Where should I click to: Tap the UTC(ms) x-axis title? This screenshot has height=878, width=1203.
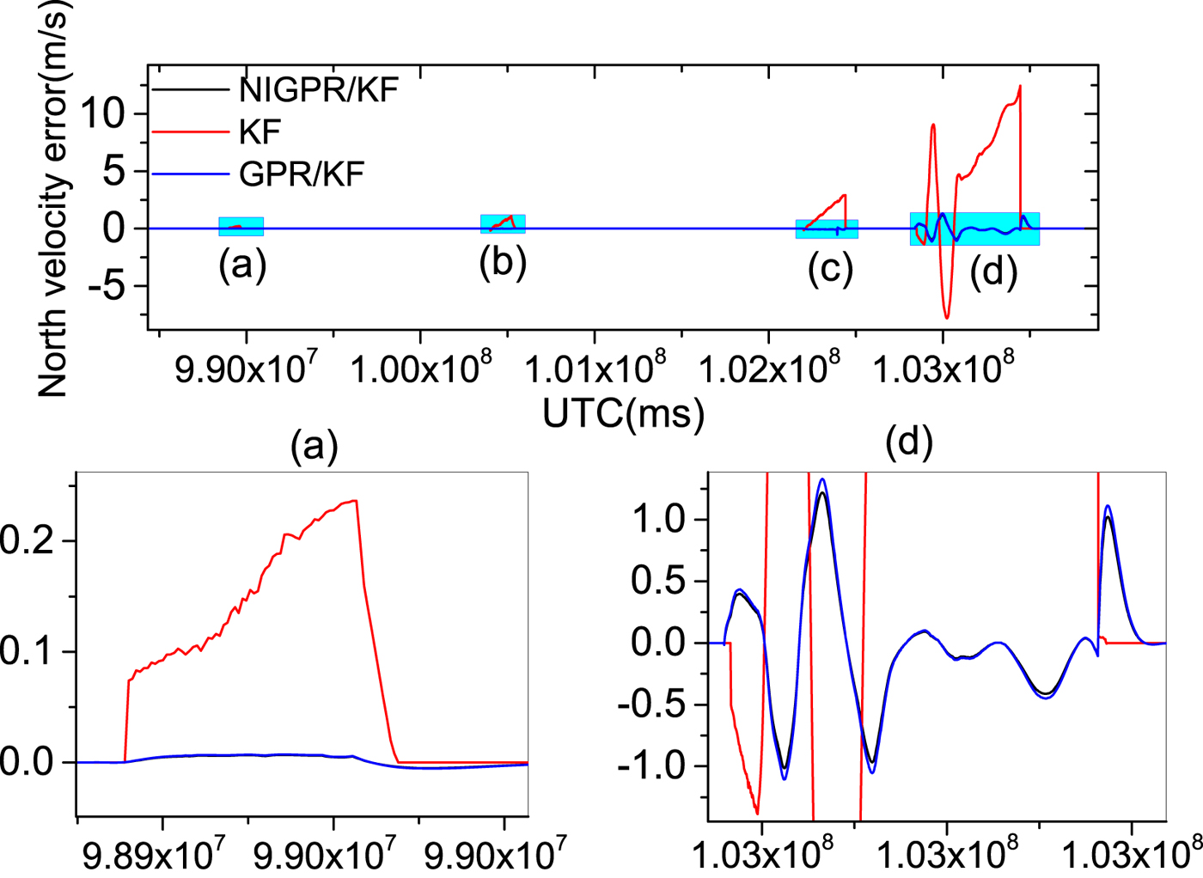click(x=623, y=413)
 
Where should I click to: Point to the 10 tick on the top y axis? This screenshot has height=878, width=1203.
click(x=101, y=113)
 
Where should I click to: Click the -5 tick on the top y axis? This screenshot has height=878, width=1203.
click(x=101, y=286)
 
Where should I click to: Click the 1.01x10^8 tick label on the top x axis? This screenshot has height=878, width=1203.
click(x=594, y=369)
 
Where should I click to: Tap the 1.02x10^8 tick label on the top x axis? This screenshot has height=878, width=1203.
click(x=768, y=369)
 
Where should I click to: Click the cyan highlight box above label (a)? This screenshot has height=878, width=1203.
click(x=241, y=226)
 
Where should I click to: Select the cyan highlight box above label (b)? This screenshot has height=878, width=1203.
click(x=503, y=223)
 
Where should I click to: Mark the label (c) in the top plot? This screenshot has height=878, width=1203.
click(x=830, y=268)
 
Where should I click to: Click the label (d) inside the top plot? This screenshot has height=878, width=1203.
click(x=993, y=271)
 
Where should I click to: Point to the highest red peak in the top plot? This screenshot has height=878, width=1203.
click(x=1020, y=86)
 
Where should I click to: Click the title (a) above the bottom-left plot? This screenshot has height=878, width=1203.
click(x=314, y=445)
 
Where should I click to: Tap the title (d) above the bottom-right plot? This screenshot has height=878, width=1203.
click(x=908, y=442)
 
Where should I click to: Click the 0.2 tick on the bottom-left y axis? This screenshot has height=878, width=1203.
click(x=26, y=540)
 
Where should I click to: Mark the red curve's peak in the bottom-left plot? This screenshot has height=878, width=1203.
click(x=355, y=500)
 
